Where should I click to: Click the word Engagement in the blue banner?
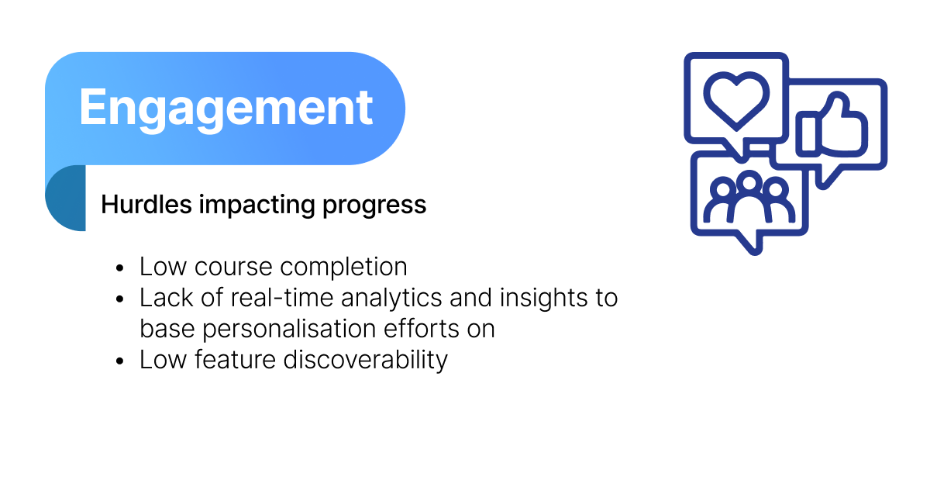click(x=226, y=108)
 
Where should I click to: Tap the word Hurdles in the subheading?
click(x=146, y=204)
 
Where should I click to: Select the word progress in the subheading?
click(x=374, y=206)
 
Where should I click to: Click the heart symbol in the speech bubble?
click(x=736, y=101)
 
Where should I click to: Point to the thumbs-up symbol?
click(x=832, y=125)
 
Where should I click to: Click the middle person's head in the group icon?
click(x=749, y=181)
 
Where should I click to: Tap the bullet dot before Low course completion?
click(x=120, y=268)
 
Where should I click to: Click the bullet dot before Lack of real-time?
click(x=120, y=299)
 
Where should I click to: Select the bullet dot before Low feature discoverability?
click(x=120, y=361)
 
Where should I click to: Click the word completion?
click(x=344, y=268)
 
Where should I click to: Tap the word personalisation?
click(x=289, y=330)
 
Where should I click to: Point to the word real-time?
click(x=281, y=298)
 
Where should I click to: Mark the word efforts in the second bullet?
click(x=421, y=329)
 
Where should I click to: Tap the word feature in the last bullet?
click(x=235, y=359)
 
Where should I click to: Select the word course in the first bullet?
click(x=233, y=268)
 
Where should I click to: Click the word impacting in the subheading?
click(x=257, y=206)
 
